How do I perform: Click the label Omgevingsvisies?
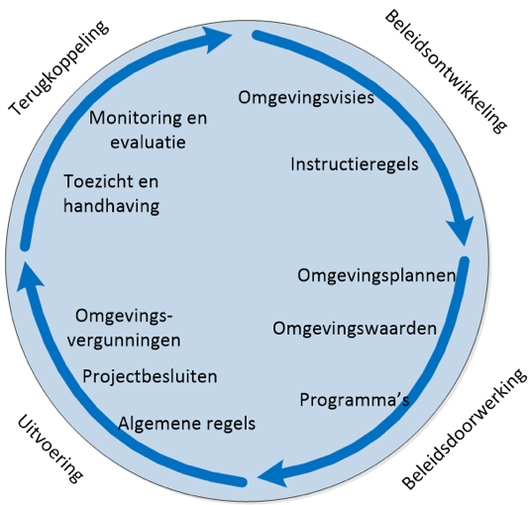point(306,98)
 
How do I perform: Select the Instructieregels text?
point(355,164)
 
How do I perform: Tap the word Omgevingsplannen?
point(376,276)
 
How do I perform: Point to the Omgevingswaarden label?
point(355,329)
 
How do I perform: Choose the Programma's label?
point(355,399)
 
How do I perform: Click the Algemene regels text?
point(186,424)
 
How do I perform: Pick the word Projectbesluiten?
point(150,376)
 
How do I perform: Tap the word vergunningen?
point(124,341)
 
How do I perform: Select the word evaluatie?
point(148,143)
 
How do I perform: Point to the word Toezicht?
point(98,181)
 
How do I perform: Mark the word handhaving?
point(111,207)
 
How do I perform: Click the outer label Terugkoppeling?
point(58,68)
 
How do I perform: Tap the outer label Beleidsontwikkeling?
point(446,71)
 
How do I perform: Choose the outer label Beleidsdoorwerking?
point(465,429)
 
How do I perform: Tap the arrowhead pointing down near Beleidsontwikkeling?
point(461,231)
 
